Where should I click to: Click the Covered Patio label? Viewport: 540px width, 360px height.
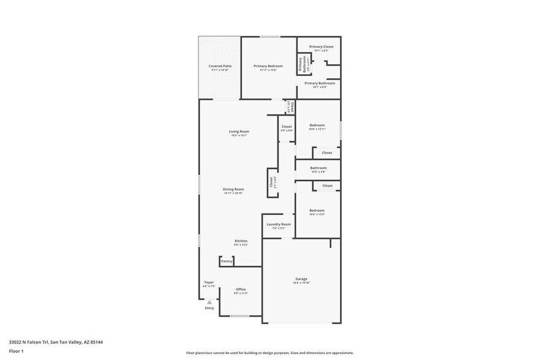click(219, 66)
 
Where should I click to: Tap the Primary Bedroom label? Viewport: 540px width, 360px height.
click(268, 66)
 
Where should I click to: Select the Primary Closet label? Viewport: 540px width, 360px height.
click(321, 47)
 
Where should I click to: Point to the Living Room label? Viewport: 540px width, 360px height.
click(239, 132)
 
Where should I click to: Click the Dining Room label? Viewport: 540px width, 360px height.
click(233, 189)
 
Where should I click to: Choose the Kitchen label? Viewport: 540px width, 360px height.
click(241, 241)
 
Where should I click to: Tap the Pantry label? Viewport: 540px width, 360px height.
click(227, 261)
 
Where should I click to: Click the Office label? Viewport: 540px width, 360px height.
click(241, 290)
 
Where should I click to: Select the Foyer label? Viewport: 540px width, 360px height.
click(208, 283)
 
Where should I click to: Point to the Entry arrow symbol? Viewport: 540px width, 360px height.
click(209, 302)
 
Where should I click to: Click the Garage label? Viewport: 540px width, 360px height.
click(301, 279)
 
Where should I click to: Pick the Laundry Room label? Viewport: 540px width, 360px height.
click(279, 225)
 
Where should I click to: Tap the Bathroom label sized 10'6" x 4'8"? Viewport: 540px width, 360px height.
click(318, 168)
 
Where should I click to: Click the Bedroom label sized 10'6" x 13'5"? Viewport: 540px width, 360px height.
click(317, 211)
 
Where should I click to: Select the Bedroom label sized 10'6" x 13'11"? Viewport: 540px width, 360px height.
click(317, 126)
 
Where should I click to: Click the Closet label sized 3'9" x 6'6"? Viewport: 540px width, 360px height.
click(287, 127)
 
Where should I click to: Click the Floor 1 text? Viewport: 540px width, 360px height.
click(16, 351)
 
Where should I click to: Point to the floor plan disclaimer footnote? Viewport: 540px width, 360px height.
click(269, 353)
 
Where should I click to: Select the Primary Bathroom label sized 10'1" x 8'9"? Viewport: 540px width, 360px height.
click(320, 84)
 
